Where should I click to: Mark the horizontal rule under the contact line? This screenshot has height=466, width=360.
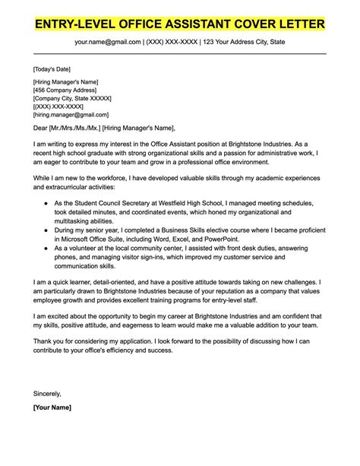point(180,52)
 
